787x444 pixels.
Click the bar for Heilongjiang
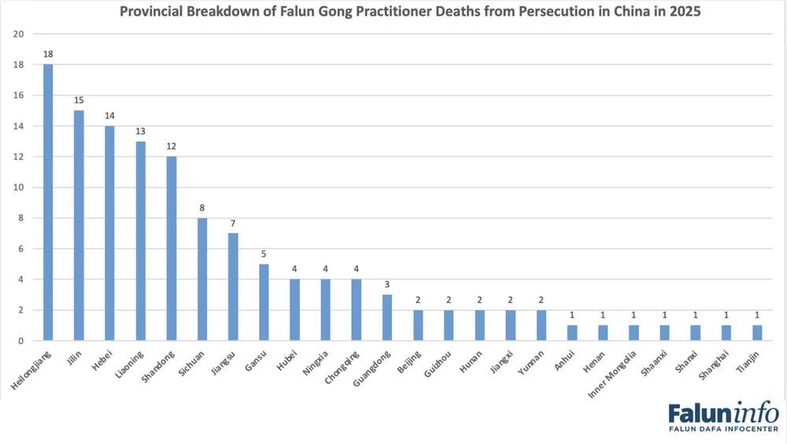coord(48,202)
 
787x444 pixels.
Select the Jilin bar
coord(79,225)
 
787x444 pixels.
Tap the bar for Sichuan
coord(202,279)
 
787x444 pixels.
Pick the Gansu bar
coord(264,302)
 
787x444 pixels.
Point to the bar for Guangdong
coord(386,317)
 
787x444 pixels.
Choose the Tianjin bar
coord(756,332)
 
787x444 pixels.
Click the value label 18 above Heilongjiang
coord(48,55)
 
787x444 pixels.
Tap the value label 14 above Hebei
coord(109,117)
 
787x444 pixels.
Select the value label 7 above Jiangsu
coord(233,224)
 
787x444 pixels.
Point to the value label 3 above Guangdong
coord(386,285)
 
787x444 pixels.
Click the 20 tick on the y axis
coord(19,34)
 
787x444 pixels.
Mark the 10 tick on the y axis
coord(19,187)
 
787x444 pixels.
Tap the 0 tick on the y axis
coord(21,341)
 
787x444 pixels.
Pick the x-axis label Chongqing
coord(340,364)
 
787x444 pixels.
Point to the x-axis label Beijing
coord(406,361)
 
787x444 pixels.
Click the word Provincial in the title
coord(150,13)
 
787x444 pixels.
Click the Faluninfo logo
coord(723,417)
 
